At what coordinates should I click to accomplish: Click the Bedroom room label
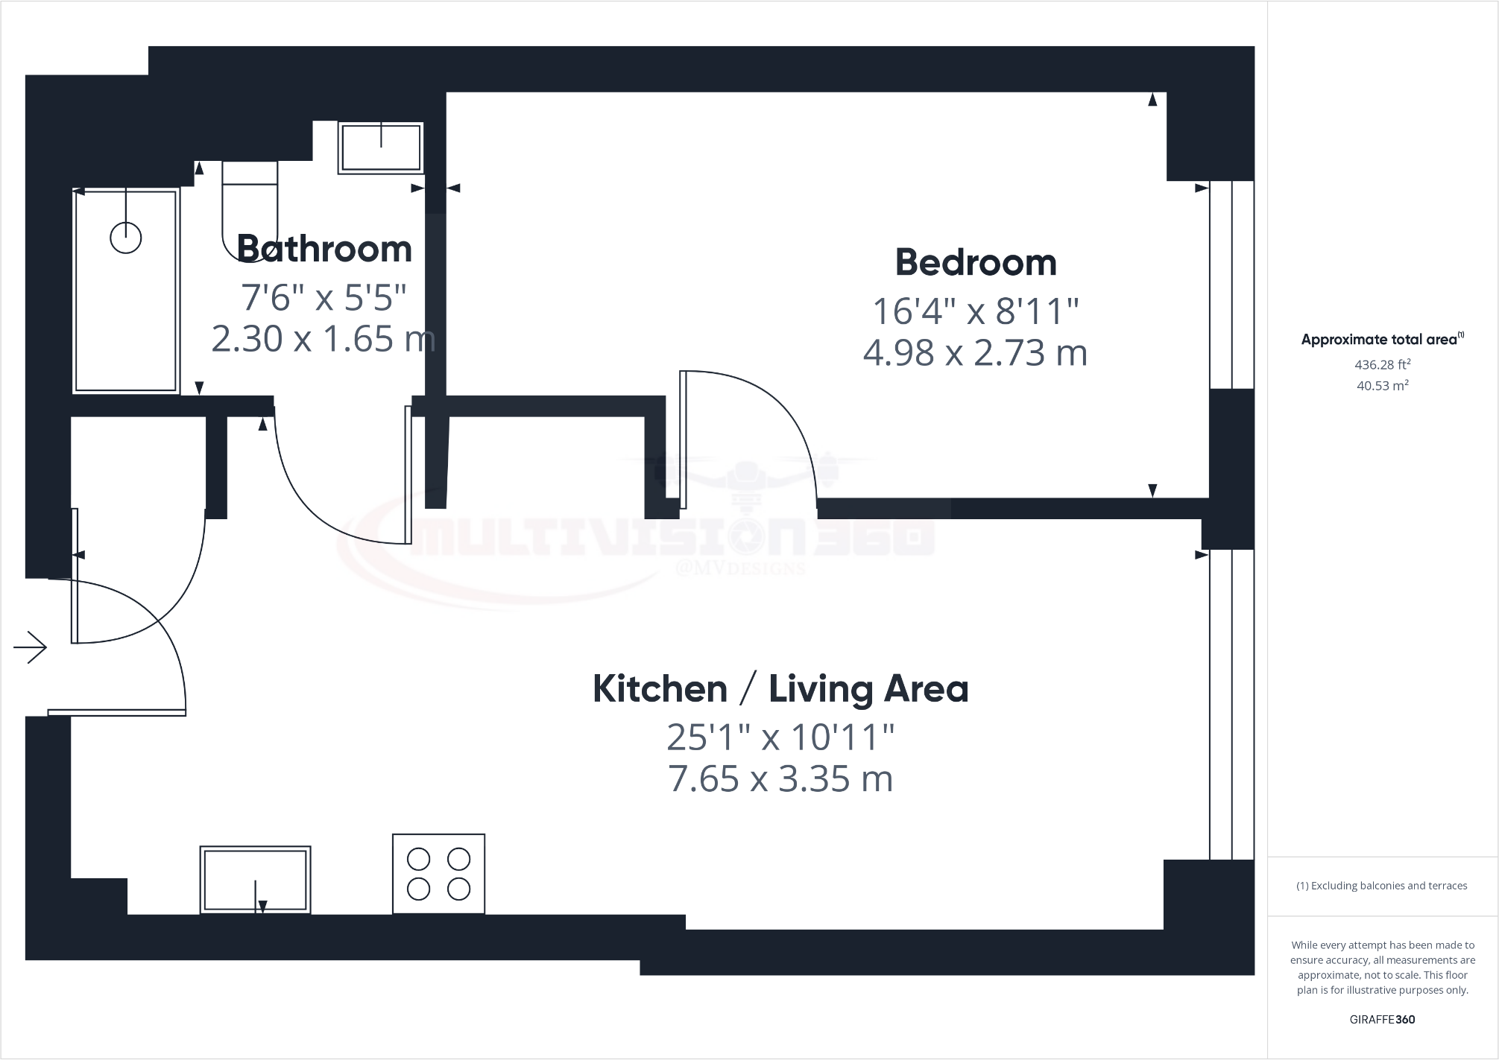click(975, 263)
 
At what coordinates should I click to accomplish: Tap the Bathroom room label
click(324, 249)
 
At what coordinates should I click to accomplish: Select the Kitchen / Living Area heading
click(780, 689)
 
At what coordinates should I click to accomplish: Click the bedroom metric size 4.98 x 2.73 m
click(975, 353)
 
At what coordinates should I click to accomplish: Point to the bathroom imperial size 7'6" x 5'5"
click(324, 298)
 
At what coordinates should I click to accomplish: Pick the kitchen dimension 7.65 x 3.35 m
click(780, 779)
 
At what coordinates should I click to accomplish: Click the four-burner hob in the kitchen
click(439, 874)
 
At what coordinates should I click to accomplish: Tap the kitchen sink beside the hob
click(255, 880)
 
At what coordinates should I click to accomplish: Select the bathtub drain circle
click(125, 238)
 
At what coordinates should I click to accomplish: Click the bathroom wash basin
click(381, 147)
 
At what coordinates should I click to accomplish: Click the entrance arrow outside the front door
click(31, 647)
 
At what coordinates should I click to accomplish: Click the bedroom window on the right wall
click(1231, 285)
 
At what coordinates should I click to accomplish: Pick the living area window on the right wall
click(1231, 704)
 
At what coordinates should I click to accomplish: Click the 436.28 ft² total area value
click(1382, 365)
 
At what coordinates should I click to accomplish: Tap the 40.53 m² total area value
click(1382, 386)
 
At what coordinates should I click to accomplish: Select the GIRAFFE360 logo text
click(1382, 1020)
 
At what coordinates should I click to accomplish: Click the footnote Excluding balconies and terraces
click(1382, 886)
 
